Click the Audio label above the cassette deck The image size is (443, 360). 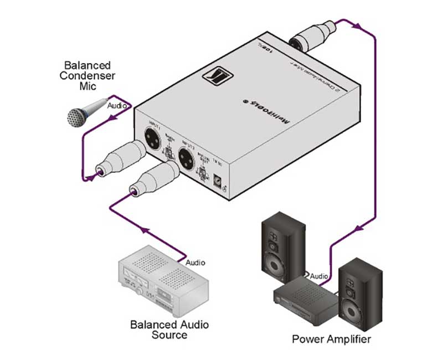195,261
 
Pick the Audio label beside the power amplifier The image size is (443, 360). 320,275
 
